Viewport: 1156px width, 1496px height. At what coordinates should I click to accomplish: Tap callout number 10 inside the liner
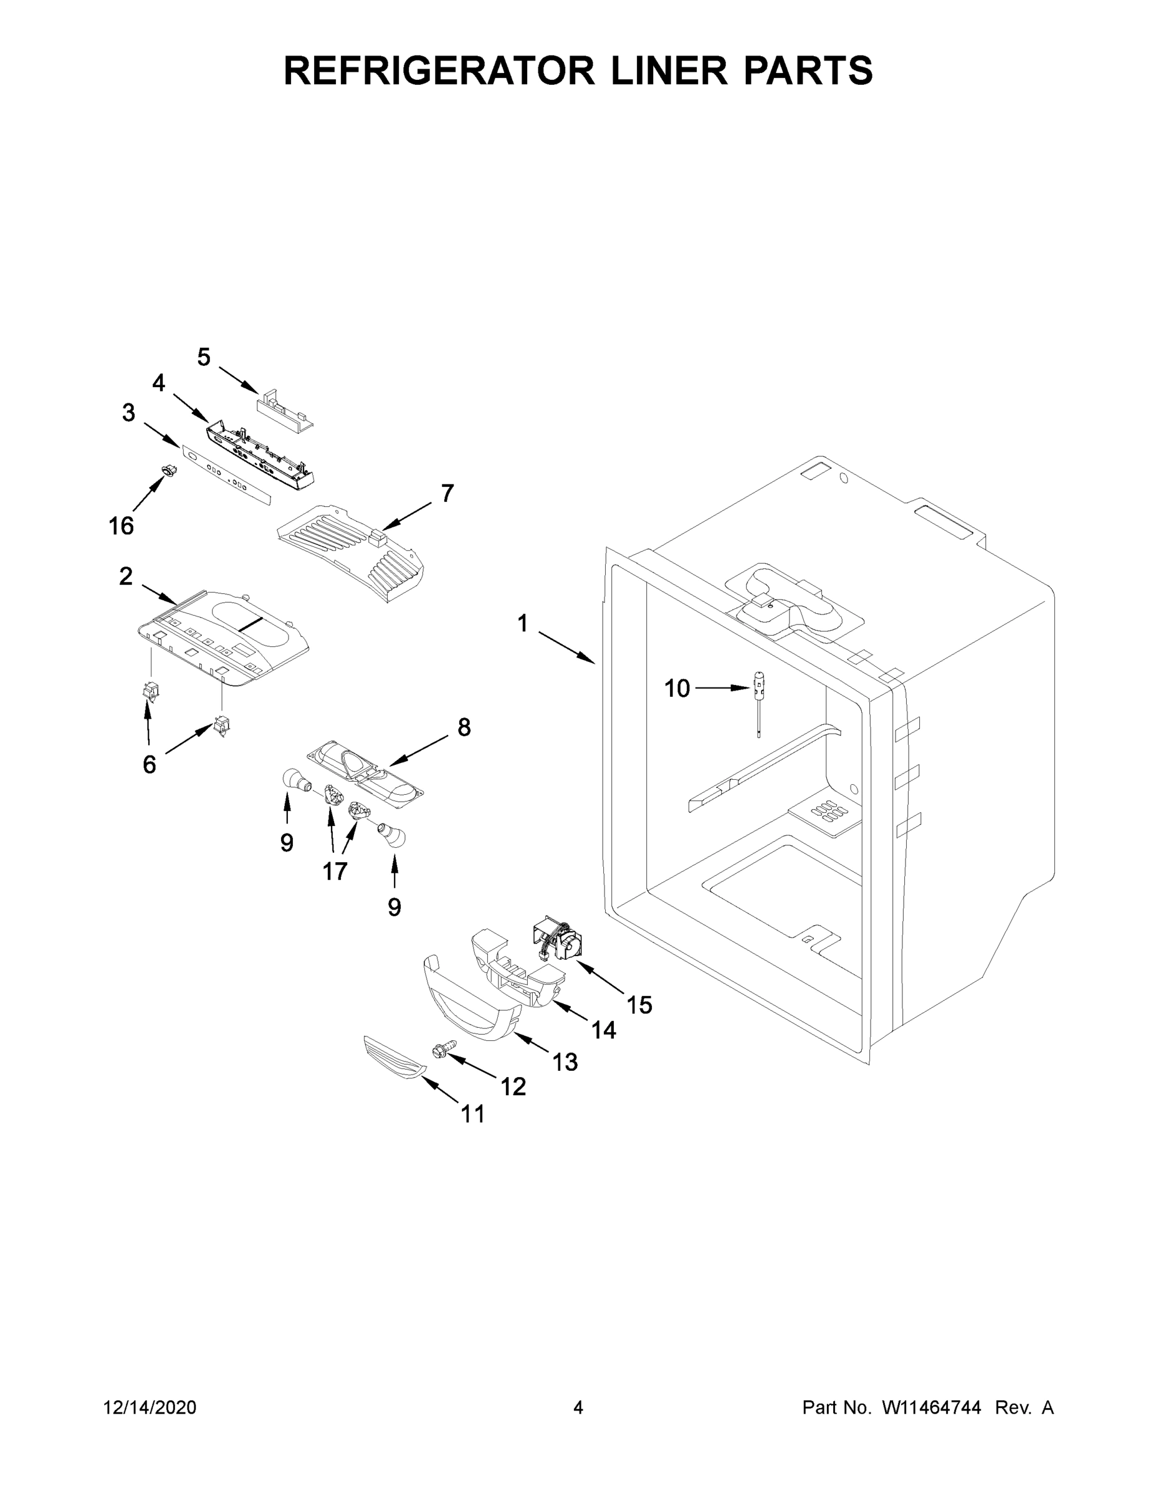(x=677, y=688)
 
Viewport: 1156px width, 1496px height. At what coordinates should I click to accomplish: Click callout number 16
(x=122, y=526)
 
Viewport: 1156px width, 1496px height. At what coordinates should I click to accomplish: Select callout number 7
(x=447, y=493)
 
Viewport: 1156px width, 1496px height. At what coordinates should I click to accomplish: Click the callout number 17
(x=335, y=871)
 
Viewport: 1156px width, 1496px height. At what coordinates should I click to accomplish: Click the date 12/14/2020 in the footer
(x=150, y=1407)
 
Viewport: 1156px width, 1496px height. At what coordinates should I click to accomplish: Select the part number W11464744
(x=932, y=1407)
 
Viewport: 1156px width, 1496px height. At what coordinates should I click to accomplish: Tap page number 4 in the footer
(x=578, y=1407)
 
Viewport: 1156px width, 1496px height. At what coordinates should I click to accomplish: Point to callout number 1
(x=522, y=623)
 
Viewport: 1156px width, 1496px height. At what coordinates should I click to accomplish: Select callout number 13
(x=565, y=1062)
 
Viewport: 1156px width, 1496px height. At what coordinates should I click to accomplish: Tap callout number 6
(x=150, y=764)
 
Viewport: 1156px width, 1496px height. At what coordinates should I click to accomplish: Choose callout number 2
(x=126, y=577)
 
